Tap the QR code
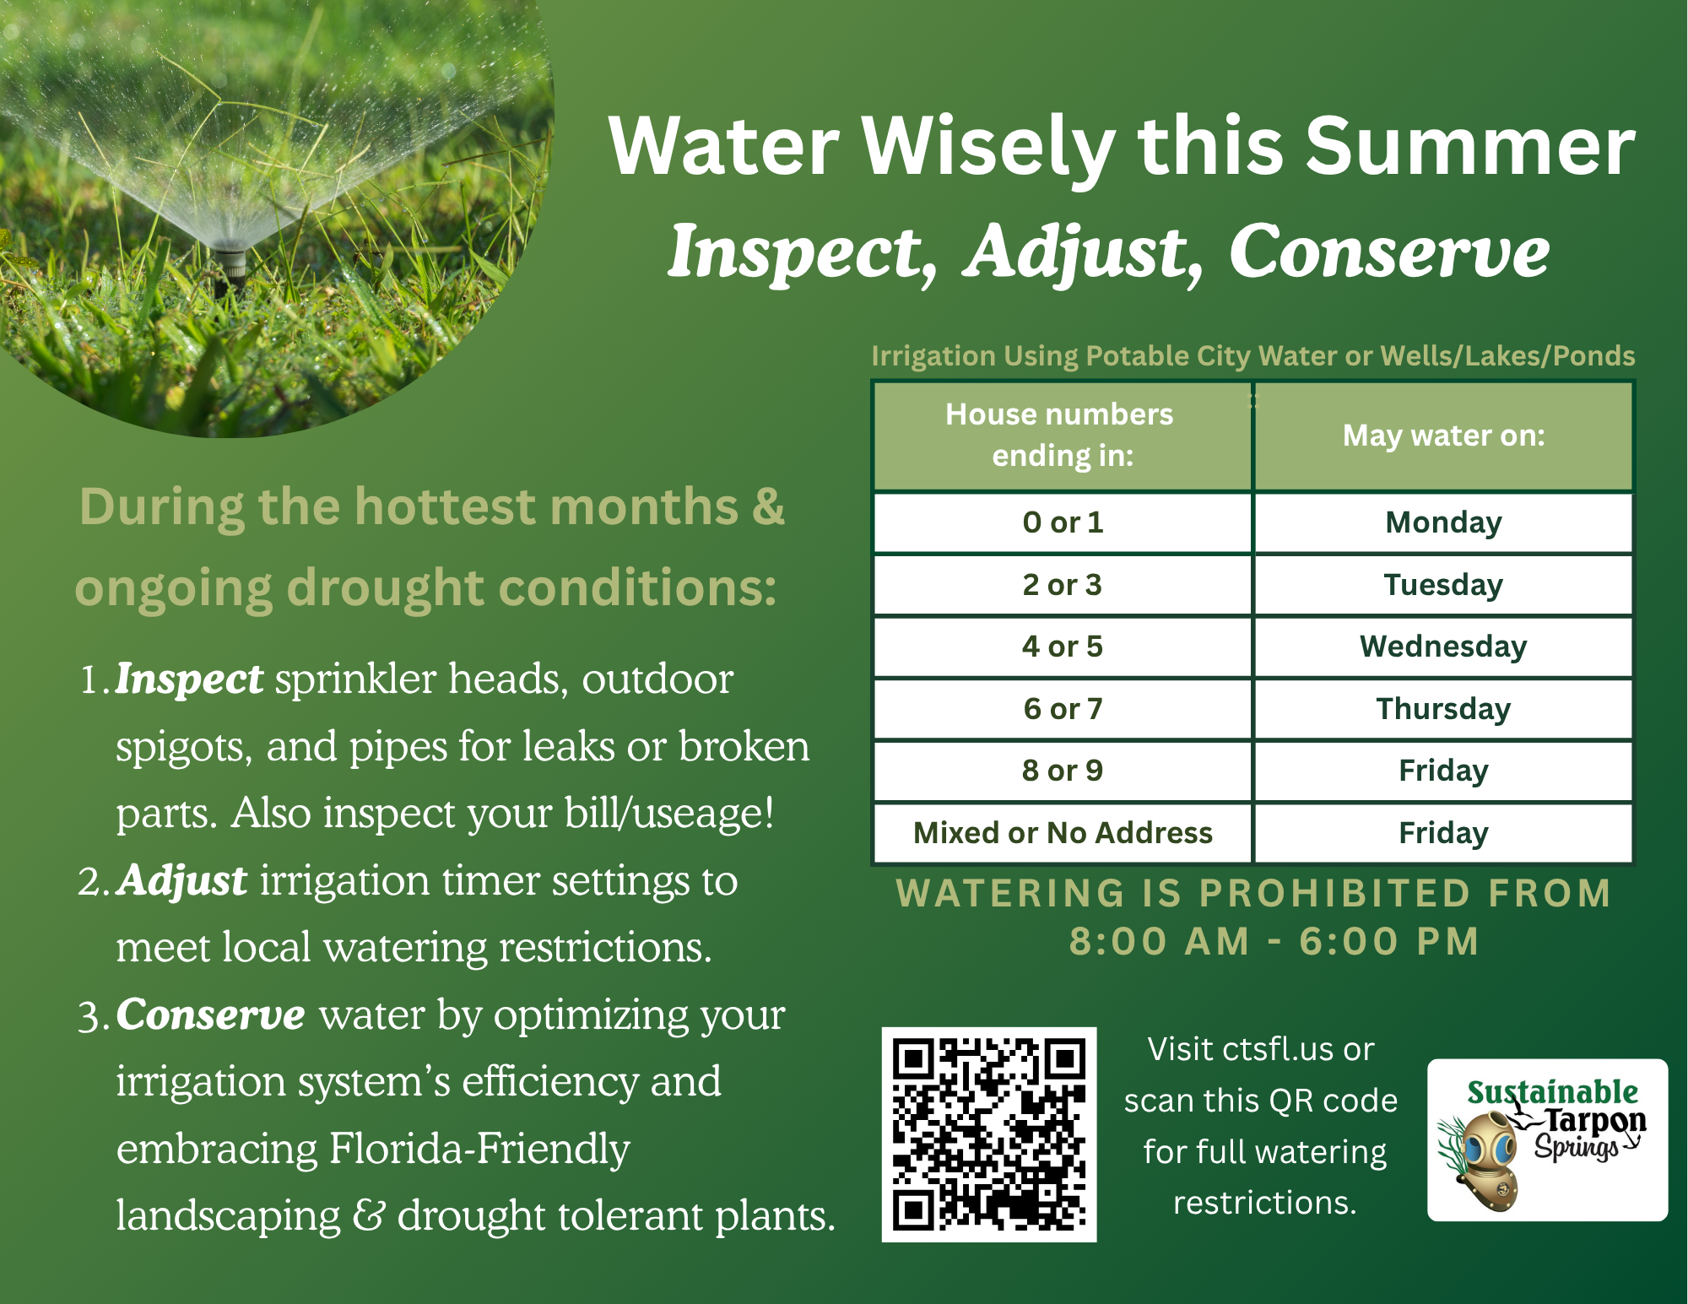pos(989,1134)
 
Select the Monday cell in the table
pos(1444,522)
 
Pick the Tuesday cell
pos(1444,585)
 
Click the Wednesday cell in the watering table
pos(1444,647)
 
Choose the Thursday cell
pos(1444,709)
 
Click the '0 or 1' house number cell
pos(1063,522)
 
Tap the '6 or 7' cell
pos(1063,709)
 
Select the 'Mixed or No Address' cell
pos(1063,833)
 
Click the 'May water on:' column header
pos(1444,436)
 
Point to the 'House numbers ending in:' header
pos(1063,436)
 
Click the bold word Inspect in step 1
pos(189,680)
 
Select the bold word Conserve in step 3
pos(211,1015)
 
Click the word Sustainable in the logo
pos(1552,1092)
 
